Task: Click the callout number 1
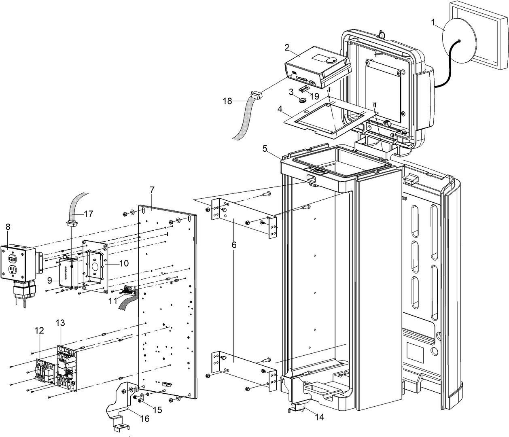pos(433,23)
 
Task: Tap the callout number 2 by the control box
pos(287,47)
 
